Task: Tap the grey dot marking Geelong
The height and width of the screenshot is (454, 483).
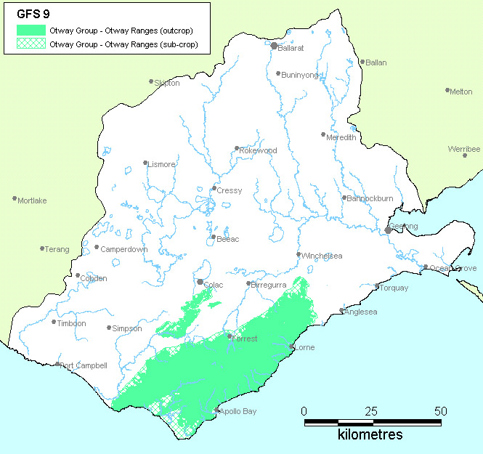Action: click(x=389, y=230)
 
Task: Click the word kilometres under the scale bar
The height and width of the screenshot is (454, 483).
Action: click(x=370, y=435)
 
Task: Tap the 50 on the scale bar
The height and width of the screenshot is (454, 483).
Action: click(x=440, y=411)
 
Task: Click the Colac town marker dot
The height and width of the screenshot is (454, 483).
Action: click(x=200, y=282)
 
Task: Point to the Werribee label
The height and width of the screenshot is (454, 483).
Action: click(x=464, y=149)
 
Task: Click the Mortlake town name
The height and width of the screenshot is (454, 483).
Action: click(x=33, y=200)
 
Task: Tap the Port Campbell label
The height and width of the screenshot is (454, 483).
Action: click(x=84, y=365)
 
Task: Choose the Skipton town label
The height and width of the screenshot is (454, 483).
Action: click(x=167, y=84)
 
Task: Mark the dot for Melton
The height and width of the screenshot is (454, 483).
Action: click(x=448, y=90)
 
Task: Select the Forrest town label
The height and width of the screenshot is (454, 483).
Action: click(x=245, y=339)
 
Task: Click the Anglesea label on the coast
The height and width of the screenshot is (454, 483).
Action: click(x=362, y=312)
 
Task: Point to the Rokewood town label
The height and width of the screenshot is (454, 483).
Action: click(x=259, y=150)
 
